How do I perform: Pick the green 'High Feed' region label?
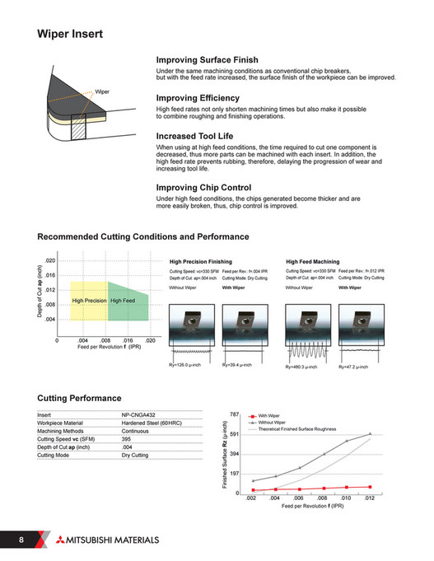pos(124,302)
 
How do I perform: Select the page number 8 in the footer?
pos(19,540)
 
